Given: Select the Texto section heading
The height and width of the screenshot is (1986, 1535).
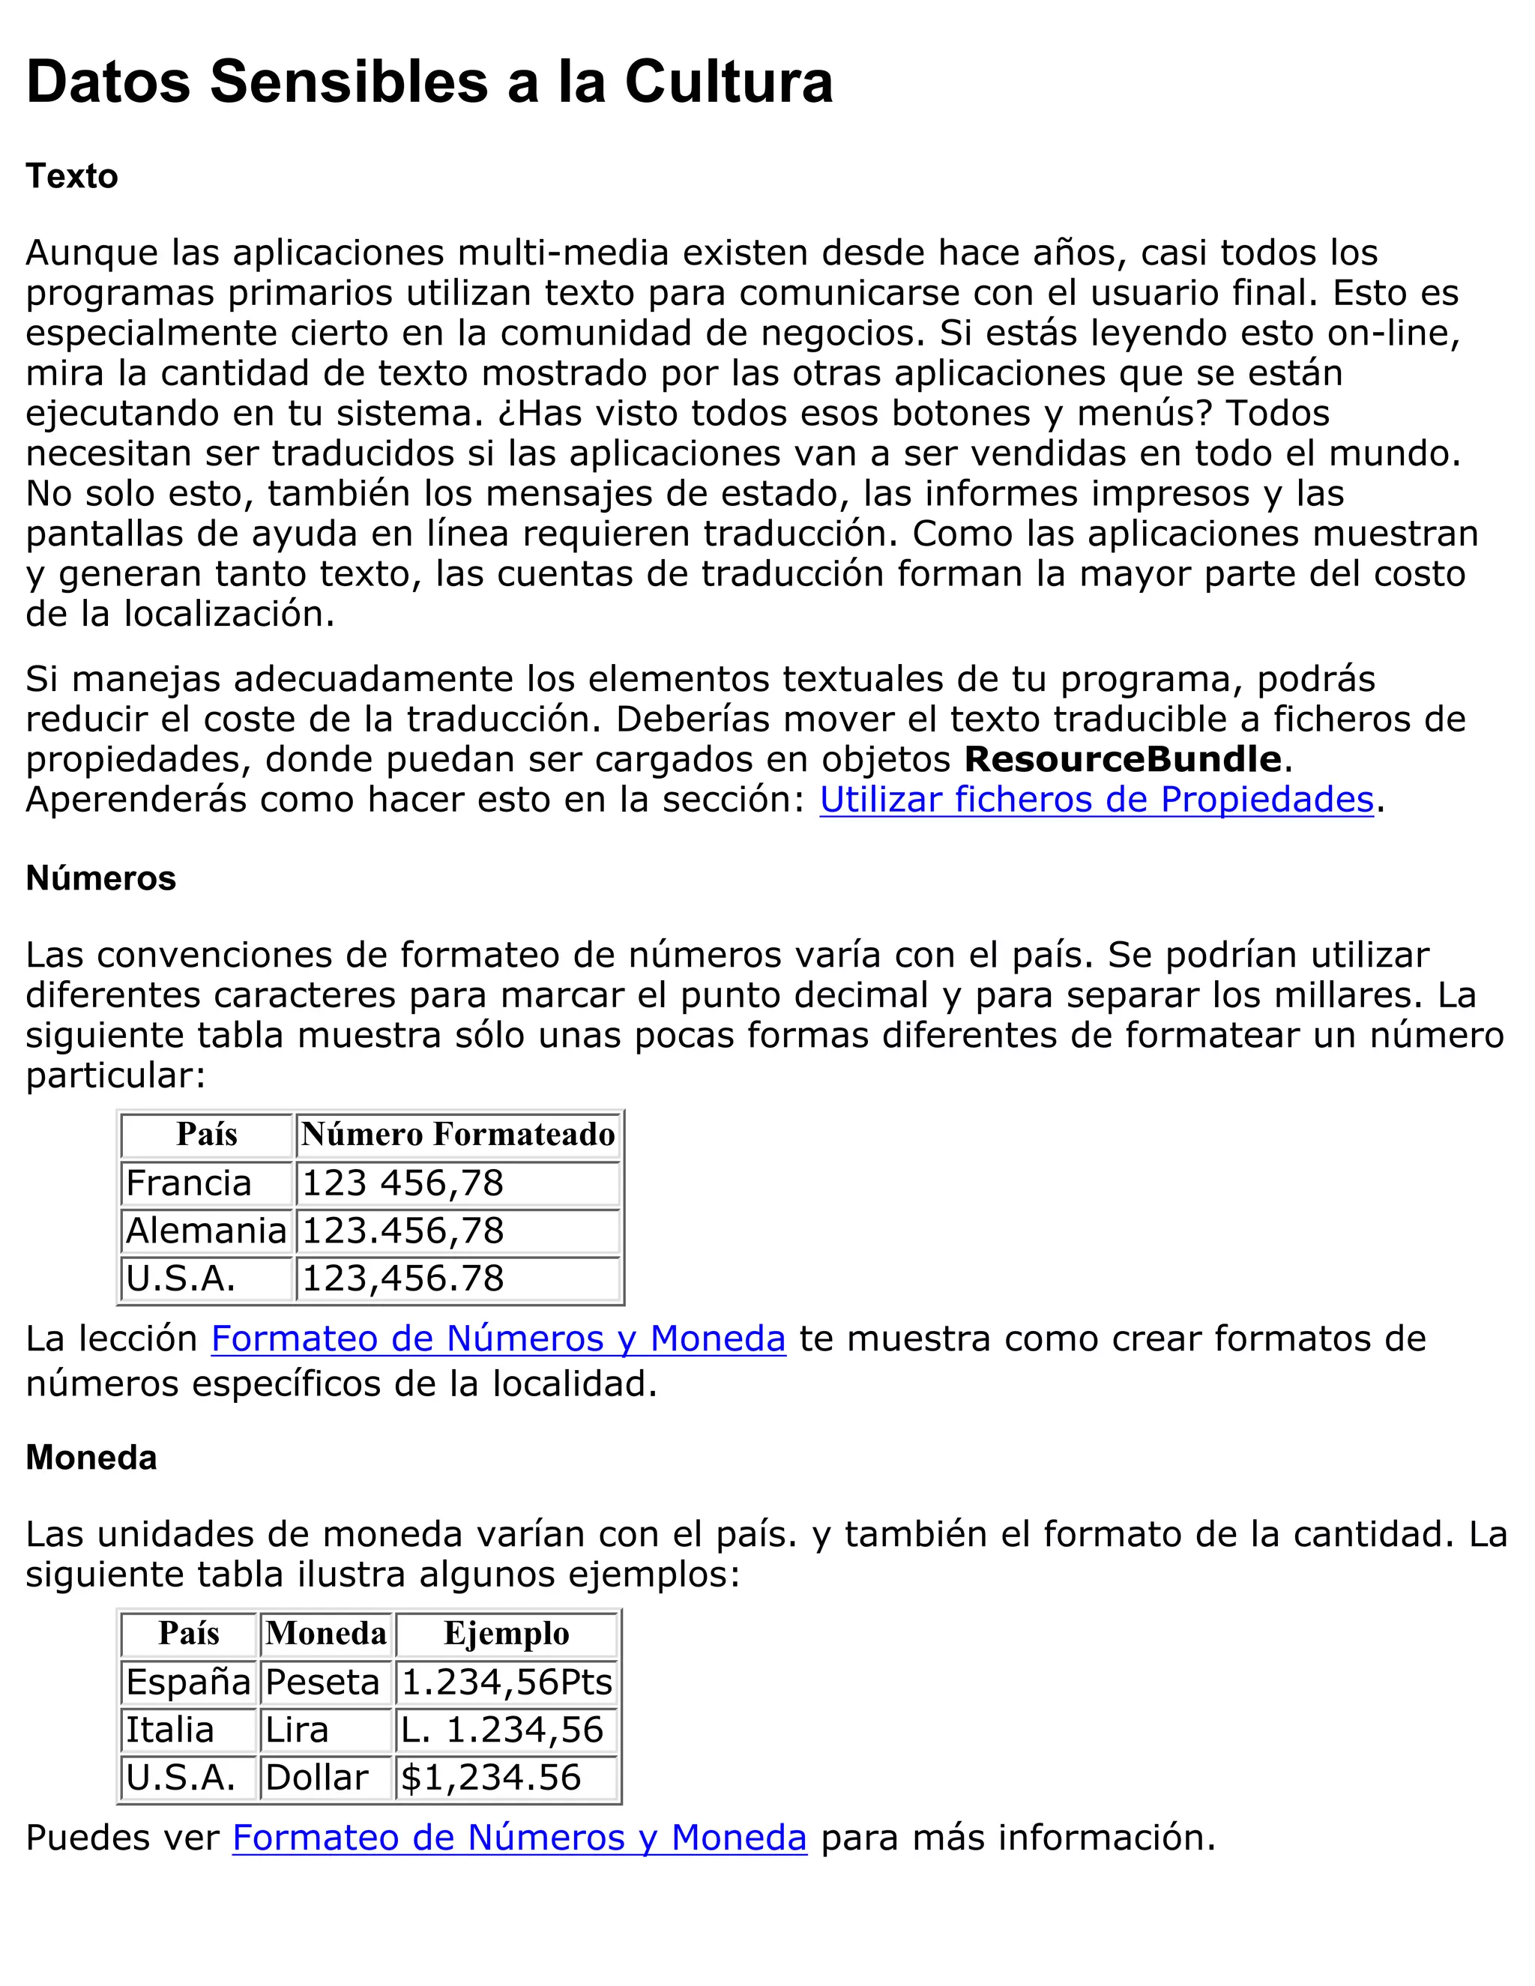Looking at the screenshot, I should [72, 176].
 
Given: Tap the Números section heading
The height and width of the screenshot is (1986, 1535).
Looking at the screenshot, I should [101, 878].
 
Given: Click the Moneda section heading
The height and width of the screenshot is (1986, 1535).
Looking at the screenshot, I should [91, 1458].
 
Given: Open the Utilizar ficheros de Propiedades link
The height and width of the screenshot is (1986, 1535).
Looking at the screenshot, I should [1096, 800].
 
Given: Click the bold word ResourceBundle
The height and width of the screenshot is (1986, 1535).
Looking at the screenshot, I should [1122, 759].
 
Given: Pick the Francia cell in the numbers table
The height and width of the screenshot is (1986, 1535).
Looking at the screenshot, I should [188, 1183].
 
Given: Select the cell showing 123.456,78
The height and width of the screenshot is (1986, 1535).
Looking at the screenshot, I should [402, 1231].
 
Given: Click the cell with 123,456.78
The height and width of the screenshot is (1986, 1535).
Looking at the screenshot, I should [402, 1279].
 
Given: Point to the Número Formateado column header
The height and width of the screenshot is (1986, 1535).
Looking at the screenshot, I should [458, 1135].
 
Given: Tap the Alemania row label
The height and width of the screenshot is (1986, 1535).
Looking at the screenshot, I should [206, 1231].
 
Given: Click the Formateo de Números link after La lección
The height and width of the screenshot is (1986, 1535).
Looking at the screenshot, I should [498, 1338].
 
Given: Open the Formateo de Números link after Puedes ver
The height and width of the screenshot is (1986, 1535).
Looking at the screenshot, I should [519, 1838].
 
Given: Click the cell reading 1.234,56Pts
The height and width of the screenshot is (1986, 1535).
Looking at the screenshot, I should [507, 1682].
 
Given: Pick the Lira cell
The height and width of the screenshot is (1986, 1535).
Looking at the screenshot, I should [297, 1730].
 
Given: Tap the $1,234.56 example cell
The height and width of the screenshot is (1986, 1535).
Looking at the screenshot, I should [491, 1777].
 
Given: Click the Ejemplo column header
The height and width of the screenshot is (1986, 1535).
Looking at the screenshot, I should [507, 1633].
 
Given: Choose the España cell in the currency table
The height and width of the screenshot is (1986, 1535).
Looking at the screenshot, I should [188, 1682].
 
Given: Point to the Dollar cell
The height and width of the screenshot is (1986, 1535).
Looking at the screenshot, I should [316, 1777].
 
